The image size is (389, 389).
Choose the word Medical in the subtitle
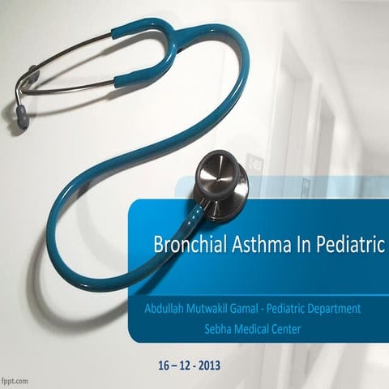259,328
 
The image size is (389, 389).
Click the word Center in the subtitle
300,328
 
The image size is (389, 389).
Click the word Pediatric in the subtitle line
293,310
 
